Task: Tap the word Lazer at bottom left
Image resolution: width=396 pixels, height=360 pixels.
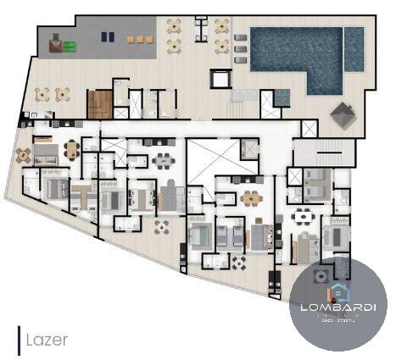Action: [x=47, y=340]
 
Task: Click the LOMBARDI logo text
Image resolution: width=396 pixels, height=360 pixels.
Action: [x=338, y=307]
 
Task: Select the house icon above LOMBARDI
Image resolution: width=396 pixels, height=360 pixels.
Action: [x=338, y=291]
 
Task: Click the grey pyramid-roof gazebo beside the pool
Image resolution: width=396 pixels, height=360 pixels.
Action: [x=344, y=114]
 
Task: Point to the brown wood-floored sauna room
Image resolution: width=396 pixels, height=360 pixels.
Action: [x=100, y=104]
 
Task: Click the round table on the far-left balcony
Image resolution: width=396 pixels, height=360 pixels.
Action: [x=23, y=155]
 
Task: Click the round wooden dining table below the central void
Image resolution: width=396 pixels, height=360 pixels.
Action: [x=251, y=198]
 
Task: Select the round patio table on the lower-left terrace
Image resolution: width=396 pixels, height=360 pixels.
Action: [x=161, y=226]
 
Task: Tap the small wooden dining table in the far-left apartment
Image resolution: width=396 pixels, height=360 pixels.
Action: [x=70, y=150]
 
